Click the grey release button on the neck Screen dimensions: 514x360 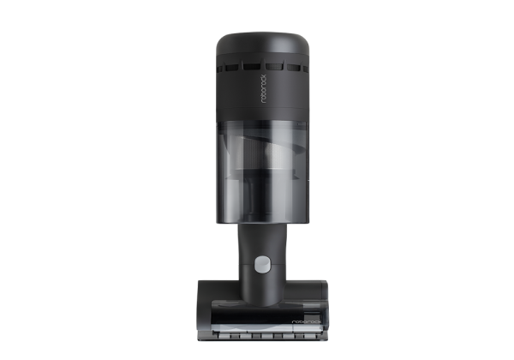(x=263, y=265)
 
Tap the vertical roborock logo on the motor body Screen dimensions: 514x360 (x=263, y=88)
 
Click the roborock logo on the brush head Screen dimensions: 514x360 (x=307, y=322)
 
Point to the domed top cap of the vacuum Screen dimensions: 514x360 (x=263, y=45)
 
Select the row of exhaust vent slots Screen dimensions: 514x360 (x=263, y=67)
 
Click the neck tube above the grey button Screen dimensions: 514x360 (x=262, y=240)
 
